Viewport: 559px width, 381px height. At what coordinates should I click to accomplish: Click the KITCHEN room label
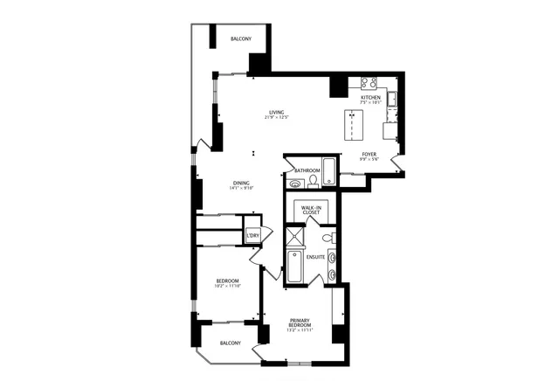(371, 97)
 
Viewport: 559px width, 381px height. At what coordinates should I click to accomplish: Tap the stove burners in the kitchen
(369, 84)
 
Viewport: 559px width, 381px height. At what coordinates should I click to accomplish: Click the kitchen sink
(393, 99)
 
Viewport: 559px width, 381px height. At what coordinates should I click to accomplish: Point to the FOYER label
(369, 154)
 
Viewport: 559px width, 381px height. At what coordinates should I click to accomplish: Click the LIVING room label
(277, 113)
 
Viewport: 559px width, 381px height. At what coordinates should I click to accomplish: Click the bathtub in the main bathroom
(330, 171)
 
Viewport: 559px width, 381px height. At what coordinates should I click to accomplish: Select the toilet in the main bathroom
(311, 181)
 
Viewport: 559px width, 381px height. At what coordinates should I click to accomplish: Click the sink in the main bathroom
(295, 184)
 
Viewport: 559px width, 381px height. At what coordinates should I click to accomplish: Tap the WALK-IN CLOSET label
(311, 210)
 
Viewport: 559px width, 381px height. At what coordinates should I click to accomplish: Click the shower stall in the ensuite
(296, 237)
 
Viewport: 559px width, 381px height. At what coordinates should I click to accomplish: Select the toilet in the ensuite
(328, 237)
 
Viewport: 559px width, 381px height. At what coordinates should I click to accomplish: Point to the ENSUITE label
(315, 258)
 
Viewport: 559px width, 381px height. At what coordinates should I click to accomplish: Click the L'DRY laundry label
(252, 237)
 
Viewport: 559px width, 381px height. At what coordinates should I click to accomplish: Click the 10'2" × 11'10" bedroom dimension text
(228, 286)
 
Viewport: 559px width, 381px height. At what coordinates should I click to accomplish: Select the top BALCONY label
(241, 39)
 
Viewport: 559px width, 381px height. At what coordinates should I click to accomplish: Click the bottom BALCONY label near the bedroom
(231, 343)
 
